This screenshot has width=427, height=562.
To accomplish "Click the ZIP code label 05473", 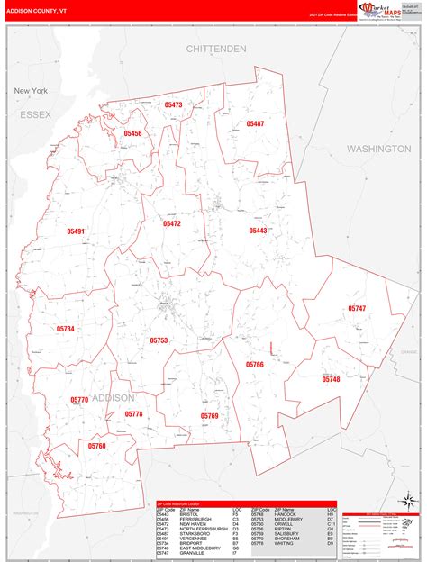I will pos(173,105).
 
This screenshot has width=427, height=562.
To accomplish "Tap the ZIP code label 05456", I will pos(132,133).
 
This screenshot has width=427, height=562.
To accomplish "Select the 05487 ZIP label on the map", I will pos(255,123).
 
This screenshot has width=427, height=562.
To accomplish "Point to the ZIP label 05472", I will pos(172,223).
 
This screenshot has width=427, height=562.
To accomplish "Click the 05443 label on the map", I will pos(259,231).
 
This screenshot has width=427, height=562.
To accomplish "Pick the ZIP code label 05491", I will pos(76,231).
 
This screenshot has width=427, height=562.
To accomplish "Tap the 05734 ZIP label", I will pos(65,330).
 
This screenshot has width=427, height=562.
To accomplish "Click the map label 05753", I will pos(159,340).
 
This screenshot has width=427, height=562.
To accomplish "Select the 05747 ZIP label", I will pos(357,309).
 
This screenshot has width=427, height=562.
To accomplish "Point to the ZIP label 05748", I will pos(331,379).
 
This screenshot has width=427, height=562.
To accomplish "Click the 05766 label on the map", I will pos(255,364).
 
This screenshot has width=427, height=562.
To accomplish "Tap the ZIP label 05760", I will pos(97,446).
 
